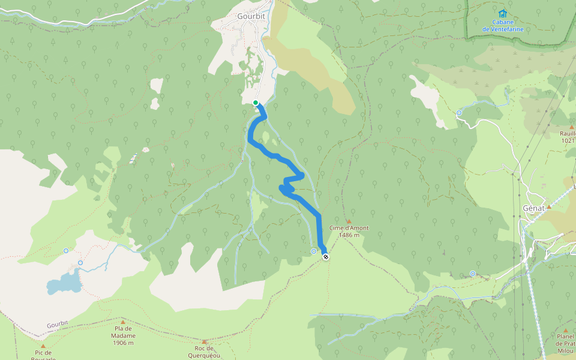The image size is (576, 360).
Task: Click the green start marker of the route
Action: coord(256,103)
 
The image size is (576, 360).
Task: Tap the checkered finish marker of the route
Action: coord(326,257)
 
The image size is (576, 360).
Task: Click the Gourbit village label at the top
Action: coord(251,16)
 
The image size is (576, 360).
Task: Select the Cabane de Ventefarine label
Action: coord(503,25)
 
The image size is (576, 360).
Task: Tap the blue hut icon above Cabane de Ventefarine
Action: coord(503,13)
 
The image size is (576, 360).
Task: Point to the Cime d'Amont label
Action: coord(349,228)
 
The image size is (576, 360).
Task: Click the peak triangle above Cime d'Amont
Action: coord(349,221)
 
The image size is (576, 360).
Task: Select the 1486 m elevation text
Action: coord(349,235)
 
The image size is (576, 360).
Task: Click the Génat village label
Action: coord(533,208)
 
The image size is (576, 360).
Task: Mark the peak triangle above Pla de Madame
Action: coord(123,322)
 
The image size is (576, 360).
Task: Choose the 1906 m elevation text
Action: coord(123,343)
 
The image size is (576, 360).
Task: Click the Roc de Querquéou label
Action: coord(204,352)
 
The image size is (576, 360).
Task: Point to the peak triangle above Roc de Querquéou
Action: coord(204,341)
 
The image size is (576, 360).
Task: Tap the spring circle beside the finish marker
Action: coord(314,251)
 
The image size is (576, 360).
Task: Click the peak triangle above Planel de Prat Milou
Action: coord(565,330)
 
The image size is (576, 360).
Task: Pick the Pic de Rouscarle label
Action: coord(43,355)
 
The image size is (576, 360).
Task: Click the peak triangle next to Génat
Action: coord(548,206)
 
